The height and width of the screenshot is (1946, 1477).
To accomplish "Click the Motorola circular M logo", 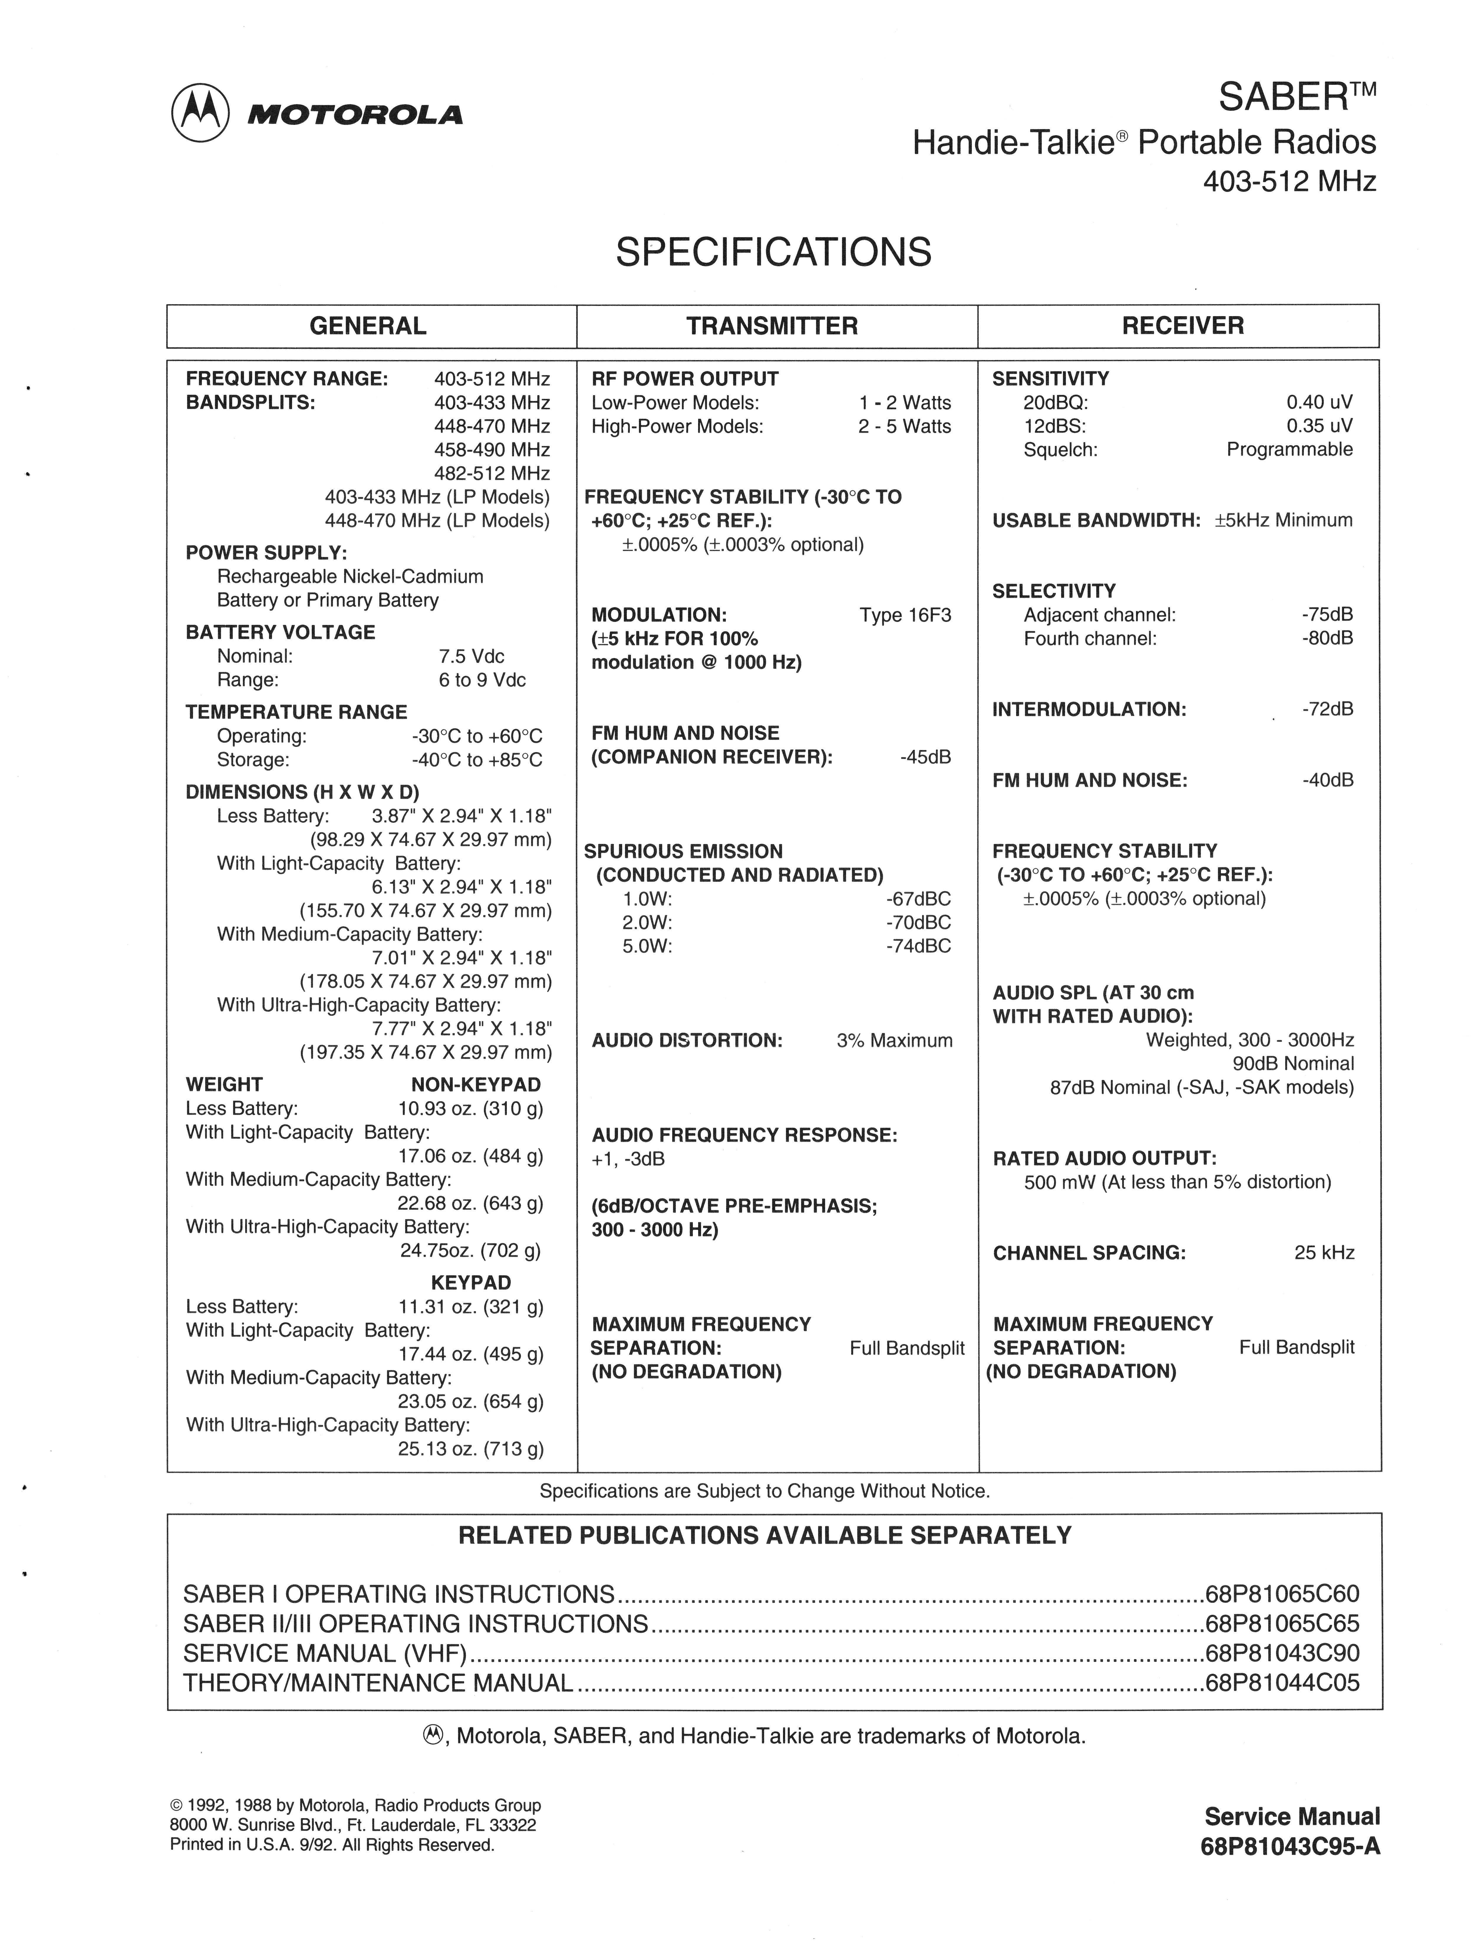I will pyautogui.click(x=201, y=113).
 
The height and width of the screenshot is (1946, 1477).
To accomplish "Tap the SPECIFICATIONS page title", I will pyautogui.click(x=773, y=253).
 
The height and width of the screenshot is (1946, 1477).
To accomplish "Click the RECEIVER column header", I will pyautogui.click(x=1182, y=326).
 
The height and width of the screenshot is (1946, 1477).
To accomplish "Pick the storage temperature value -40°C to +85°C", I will pyautogui.click(x=477, y=760).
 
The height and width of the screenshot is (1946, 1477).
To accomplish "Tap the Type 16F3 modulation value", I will pyautogui.click(x=905, y=615).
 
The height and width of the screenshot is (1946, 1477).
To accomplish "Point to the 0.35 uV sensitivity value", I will pyautogui.click(x=1320, y=426).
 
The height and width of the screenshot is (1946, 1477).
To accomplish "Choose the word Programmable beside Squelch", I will pyautogui.click(x=1290, y=450).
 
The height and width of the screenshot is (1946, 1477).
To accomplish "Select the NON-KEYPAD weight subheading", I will pyautogui.click(x=476, y=1085).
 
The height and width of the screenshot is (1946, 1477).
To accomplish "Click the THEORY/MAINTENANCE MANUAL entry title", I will pyautogui.click(x=378, y=1683).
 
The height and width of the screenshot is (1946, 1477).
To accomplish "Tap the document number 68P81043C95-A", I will pyautogui.click(x=1290, y=1847).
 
